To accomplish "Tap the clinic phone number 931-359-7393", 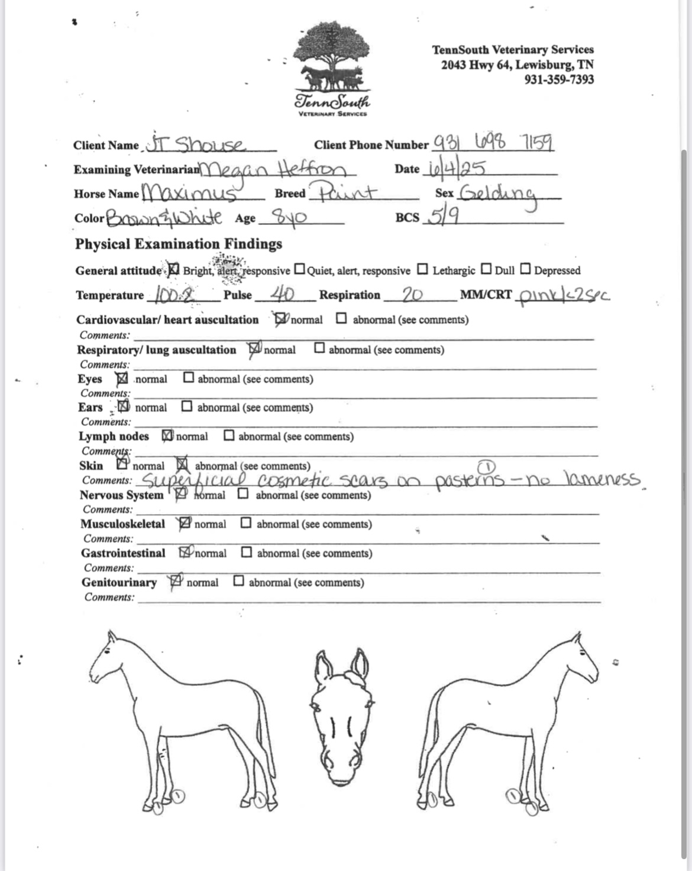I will tap(559, 79).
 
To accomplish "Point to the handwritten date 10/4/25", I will tap(454, 169).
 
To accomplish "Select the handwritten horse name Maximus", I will tap(190, 193).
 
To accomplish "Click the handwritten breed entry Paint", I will tap(347, 192).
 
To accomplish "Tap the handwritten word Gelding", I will tap(498, 193).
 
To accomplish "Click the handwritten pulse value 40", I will tap(283, 294).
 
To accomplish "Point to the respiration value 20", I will tap(412, 294).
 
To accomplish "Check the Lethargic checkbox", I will tap(422, 270).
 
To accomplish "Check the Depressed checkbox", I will tap(525, 269).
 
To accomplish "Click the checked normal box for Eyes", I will tap(121, 378).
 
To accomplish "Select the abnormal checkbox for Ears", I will tap(187, 407).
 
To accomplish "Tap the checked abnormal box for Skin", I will tap(182, 465).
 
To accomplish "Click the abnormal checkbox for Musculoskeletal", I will tap(246, 523).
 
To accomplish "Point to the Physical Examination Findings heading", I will tap(178, 244).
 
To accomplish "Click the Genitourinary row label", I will tap(119, 582).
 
